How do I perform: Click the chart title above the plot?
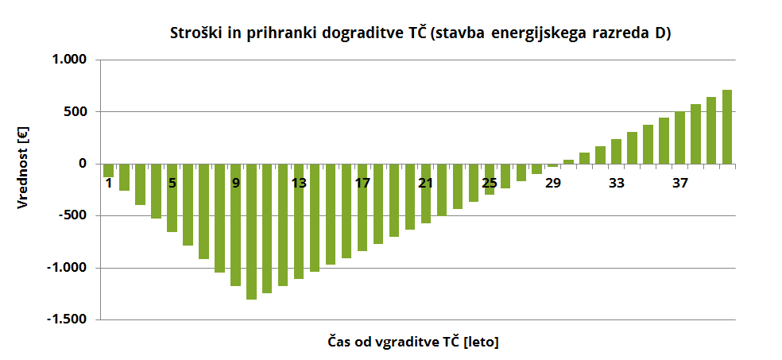(420, 33)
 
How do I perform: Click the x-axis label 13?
(299, 184)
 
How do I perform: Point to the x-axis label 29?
(552, 184)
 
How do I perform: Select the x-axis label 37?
(679, 184)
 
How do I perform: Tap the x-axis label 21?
(426, 184)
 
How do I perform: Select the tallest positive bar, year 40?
(726, 127)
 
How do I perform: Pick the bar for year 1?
(108, 170)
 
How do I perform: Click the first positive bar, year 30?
(568, 161)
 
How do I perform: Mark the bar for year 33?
(616, 152)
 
